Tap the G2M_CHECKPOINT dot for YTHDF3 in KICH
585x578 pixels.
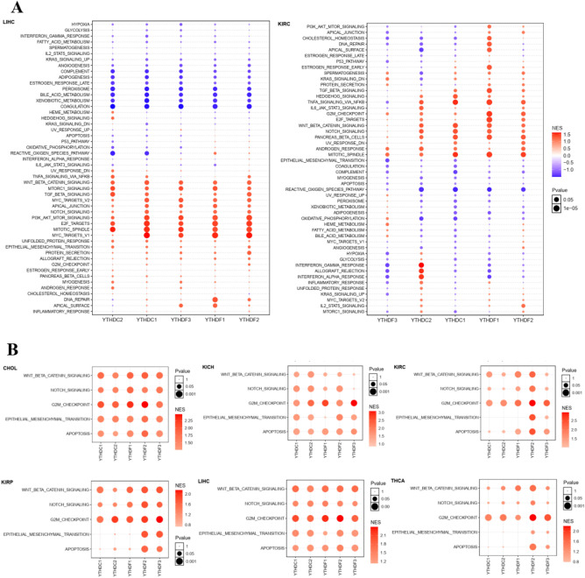click(x=353, y=402)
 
